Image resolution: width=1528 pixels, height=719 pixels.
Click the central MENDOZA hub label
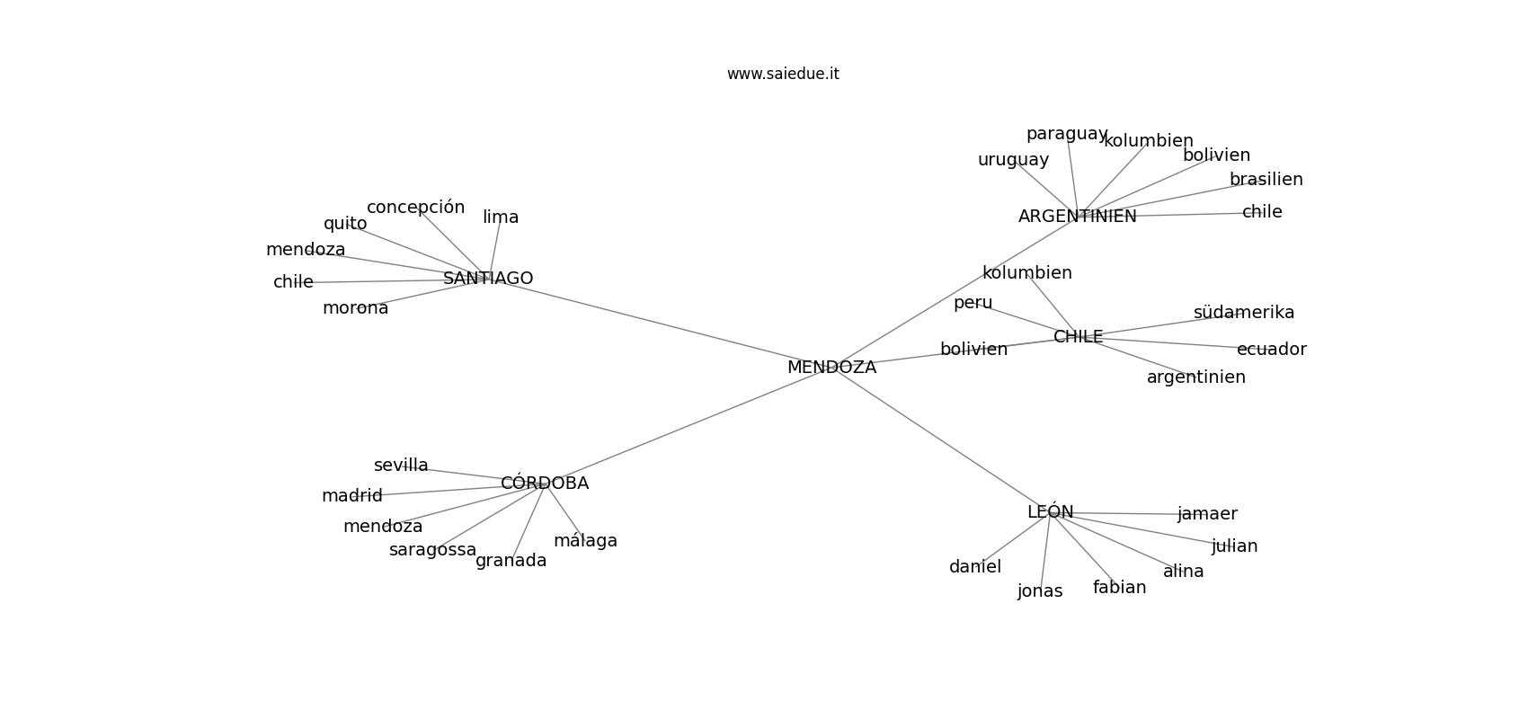[831, 367]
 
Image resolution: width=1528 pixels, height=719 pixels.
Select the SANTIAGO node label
[488, 279]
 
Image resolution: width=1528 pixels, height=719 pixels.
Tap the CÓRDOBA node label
[545, 483]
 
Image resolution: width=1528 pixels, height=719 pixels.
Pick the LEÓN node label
[1050, 511]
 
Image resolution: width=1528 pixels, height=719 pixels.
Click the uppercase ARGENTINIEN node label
[1077, 217]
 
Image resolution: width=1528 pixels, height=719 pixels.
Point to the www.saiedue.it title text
[783, 74]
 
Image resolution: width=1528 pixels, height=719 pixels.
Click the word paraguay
[1067, 134]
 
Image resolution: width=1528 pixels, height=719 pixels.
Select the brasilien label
[1266, 180]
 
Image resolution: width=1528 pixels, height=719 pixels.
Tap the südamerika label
[1243, 313]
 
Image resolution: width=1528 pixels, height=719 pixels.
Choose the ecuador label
[1271, 350]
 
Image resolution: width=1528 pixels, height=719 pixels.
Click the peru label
[973, 303]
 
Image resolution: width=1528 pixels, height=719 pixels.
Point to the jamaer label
[1207, 514]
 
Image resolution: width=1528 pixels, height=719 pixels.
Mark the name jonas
[1040, 591]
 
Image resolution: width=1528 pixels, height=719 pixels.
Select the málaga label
[585, 541]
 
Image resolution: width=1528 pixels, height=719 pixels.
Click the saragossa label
[432, 550]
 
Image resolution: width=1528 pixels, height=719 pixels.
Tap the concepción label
[415, 208]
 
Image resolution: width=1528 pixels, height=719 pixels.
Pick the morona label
[355, 308]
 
